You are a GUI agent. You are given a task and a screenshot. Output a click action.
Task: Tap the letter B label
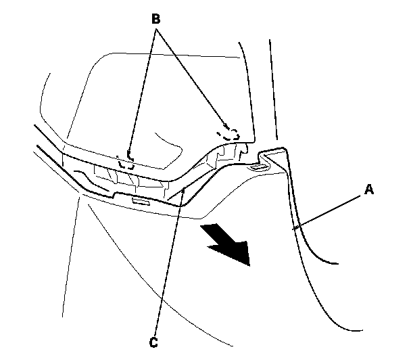coord(156,20)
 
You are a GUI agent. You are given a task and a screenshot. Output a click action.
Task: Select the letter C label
coord(154,342)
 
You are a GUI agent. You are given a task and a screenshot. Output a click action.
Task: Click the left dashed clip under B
coord(126,162)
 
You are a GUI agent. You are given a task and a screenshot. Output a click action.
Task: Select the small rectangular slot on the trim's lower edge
coord(141,202)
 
